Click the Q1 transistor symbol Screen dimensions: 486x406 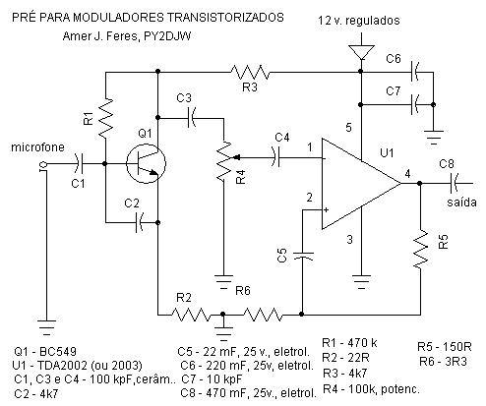coord(146,163)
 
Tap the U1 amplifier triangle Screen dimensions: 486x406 coord(361,184)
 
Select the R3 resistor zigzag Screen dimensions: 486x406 coord(250,72)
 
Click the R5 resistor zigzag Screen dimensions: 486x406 coord(420,249)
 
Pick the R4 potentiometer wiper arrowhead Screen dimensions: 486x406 coord(236,157)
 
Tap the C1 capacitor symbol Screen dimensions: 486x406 coord(79,163)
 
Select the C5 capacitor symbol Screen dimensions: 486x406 coord(302,256)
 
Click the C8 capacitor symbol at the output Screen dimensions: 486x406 coord(455,183)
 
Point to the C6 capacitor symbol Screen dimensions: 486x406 coord(414,72)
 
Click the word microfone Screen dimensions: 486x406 coord(37,147)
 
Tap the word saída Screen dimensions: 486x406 coord(461,202)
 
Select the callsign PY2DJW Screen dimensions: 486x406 coord(167,36)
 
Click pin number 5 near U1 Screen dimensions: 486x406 coord(348,127)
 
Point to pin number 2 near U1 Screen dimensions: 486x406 coord(309,198)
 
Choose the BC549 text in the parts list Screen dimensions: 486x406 coord(58,352)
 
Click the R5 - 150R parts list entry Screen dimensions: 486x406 coord(444,347)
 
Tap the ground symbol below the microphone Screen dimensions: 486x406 coord(46,326)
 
